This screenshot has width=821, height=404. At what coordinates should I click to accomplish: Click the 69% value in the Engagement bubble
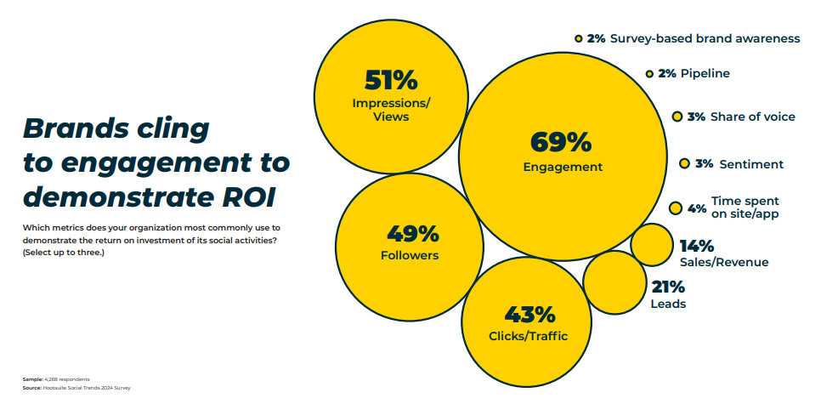560,142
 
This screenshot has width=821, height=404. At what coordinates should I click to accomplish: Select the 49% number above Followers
412,233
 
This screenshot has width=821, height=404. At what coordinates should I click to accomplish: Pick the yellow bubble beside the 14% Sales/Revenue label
652,245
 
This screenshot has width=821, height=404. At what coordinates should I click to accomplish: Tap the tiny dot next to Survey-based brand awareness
578,38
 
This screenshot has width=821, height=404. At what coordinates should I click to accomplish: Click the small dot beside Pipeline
649,74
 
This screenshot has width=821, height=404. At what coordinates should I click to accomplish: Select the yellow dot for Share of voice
677,117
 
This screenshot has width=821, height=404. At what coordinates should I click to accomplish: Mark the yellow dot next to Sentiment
684,163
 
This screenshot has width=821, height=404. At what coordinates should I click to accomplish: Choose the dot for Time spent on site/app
676,208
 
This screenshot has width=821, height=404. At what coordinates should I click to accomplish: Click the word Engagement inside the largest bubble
563,167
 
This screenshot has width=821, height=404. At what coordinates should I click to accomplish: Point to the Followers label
412,254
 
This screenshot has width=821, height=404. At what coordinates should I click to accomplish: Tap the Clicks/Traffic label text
528,336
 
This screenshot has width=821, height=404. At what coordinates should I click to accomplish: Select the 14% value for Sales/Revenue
696,246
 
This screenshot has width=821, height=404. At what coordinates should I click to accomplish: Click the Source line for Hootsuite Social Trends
76,387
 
